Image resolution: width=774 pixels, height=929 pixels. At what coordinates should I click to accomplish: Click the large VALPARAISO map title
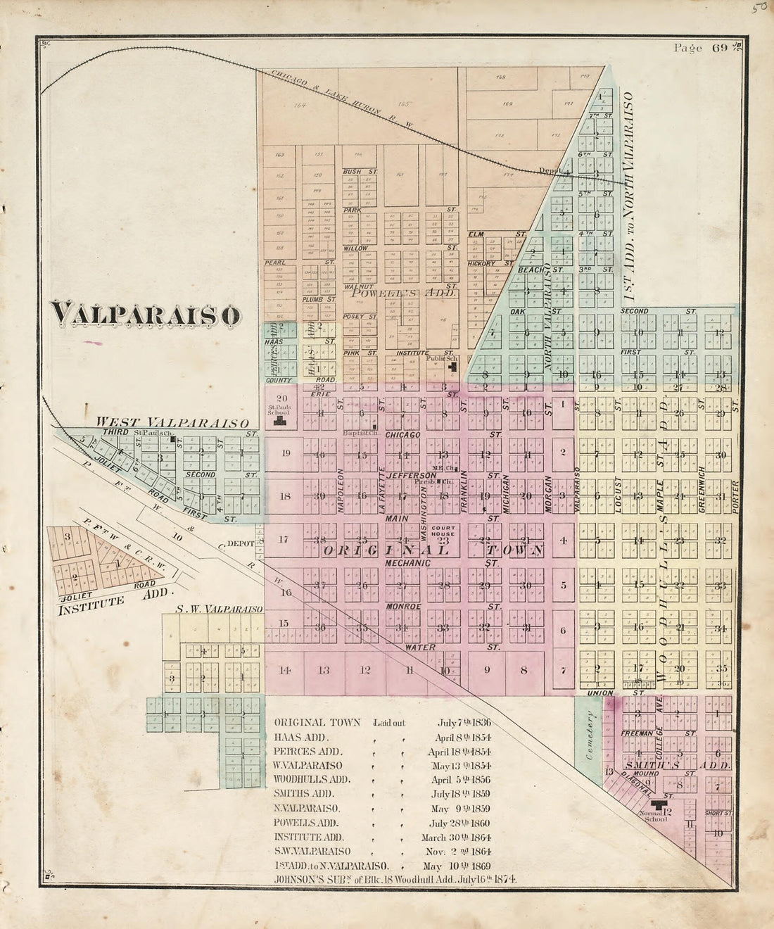pyautogui.click(x=145, y=315)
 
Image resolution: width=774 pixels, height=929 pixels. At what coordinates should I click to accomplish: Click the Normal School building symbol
pyautogui.click(x=659, y=805)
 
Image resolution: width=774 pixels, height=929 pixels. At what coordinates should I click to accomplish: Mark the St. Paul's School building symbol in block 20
pyautogui.click(x=280, y=420)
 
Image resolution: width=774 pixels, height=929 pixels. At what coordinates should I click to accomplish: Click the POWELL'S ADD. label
pyautogui.click(x=402, y=293)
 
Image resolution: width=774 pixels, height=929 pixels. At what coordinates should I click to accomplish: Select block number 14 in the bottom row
pyautogui.click(x=284, y=670)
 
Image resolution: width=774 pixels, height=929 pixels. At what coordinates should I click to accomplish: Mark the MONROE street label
pyautogui.click(x=402, y=606)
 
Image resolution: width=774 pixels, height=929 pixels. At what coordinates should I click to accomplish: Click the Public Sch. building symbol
pyautogui.click(x=453, y=366)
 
